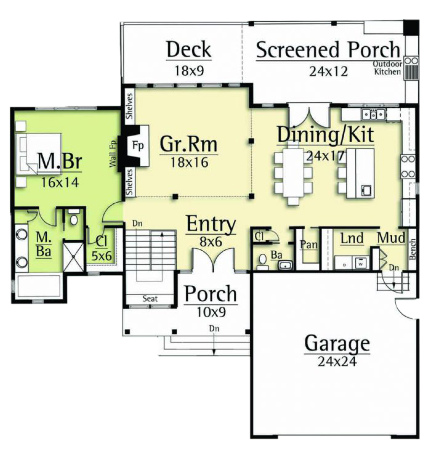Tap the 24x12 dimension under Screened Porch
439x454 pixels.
tap(328, 71)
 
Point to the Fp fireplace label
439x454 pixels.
tap(138, 145)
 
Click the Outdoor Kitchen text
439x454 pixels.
tap(387, 68)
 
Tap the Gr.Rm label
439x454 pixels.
tap(189, 144)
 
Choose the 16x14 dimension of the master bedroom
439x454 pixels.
tap(60, 183)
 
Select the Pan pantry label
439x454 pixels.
tap(309, 244)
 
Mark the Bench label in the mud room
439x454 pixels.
tap(412, 249)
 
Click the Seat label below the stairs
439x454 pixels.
tap(150, 299)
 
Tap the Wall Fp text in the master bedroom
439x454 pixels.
tap(113, 154)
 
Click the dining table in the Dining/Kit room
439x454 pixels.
tap(293, 173)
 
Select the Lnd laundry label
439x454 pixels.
tap(352, 238)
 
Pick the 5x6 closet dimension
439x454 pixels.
tap(101, 257)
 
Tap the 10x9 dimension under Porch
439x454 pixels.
tap(211, 312)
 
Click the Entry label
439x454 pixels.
tap(211, 224)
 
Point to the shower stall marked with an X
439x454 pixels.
tap(73, 257)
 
